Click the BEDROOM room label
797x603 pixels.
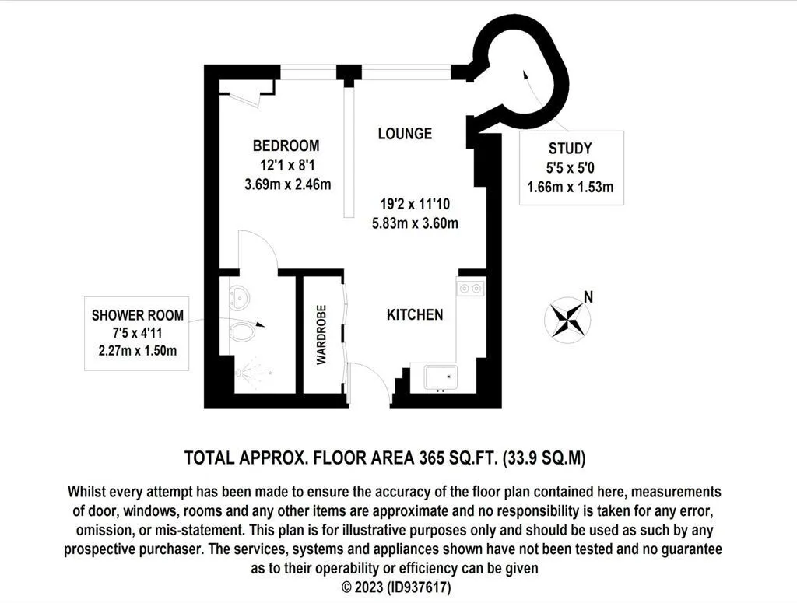[x=286, y=145]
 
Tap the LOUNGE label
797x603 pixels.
[x=405, y=134]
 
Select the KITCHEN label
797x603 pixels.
[x=415, y=314]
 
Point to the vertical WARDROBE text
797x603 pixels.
[x=321, y=335]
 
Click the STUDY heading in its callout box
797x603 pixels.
[x=571, y=149]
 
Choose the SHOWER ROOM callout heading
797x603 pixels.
[x=138, y=315]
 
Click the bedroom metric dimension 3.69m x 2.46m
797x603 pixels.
[x=288, y=184]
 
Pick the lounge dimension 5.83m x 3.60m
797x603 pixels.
[x=416, y=223]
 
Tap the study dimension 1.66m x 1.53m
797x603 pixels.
[x=571, y=187]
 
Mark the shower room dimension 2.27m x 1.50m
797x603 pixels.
[x=138, y=351]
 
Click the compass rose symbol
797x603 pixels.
[x=567, y=320]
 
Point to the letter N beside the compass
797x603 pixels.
[x=588, y=296]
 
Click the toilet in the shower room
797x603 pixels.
[x=242, y=331]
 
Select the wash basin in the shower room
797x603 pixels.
[x=238, y=297]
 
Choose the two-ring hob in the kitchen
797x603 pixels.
[x=470, y=289]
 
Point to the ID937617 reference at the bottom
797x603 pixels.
[x=419, y=587]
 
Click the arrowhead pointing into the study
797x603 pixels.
[x=525, y=75]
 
